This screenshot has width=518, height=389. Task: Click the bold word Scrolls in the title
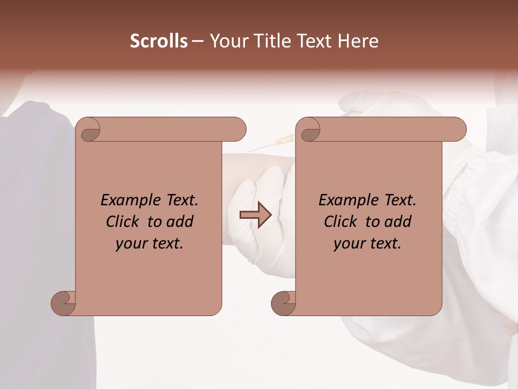pos(159,41)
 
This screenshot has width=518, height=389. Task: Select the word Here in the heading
pos(358,41)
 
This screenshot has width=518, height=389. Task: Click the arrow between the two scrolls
pos(255,215)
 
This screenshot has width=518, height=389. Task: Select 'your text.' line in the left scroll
pos(149,244)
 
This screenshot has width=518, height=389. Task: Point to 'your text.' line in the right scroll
pos(367,244)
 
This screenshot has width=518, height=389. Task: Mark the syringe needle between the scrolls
pos(270,145)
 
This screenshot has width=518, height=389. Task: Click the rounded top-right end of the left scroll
pos(237,129)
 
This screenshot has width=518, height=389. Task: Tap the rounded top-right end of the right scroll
pos(458,129)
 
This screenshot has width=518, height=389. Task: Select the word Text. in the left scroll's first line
pos(179,200)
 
